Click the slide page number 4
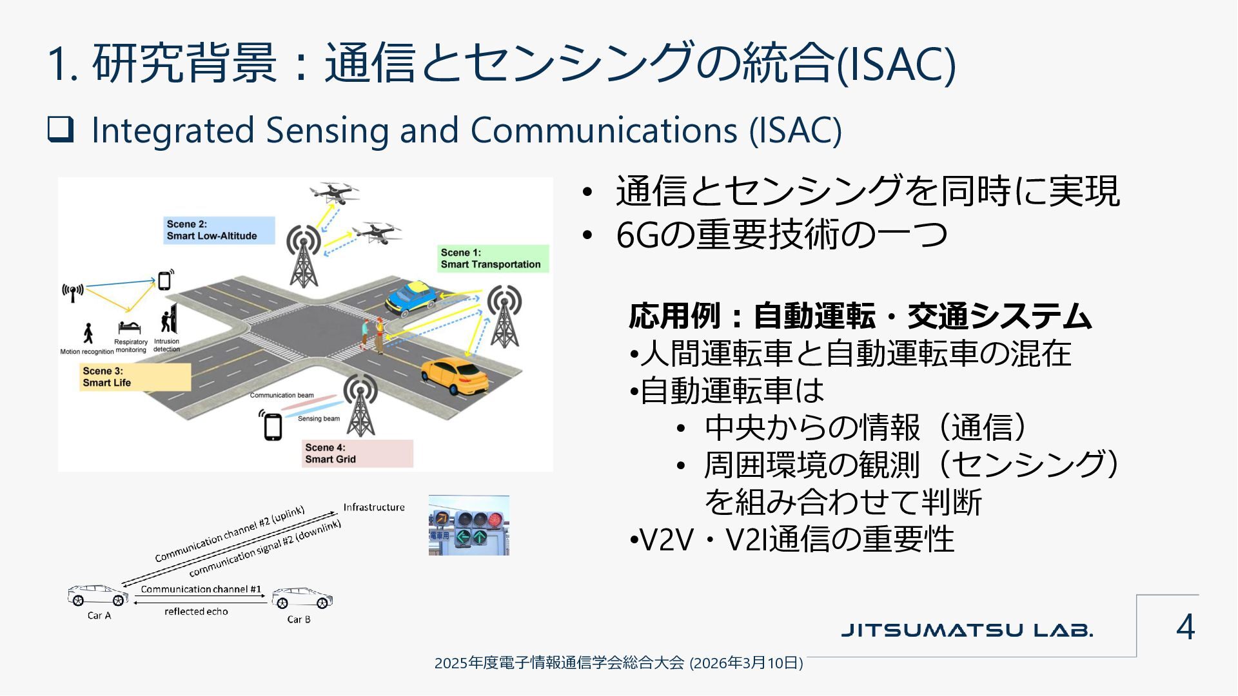coord(1185,626)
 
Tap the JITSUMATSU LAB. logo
coord(967,630)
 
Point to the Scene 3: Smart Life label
coord(135,377)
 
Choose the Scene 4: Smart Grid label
coord(357,453)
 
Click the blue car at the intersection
coord(411,298)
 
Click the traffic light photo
coord(469,525)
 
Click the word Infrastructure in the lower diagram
coord(374,507)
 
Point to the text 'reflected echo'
coord(196,612)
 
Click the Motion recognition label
coord(87,352)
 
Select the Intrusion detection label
coord(167,345)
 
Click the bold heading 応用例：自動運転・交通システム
coord(860,316)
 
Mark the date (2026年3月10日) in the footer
coord(746,663)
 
